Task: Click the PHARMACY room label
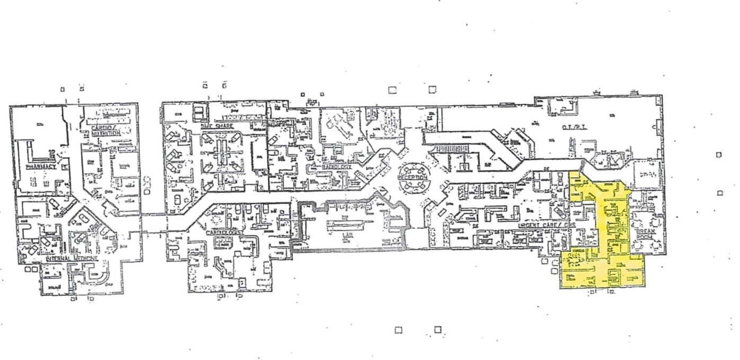(41, 166)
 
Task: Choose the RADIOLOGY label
(336, 166)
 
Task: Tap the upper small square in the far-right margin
(719, 155)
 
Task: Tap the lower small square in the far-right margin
(720, 193)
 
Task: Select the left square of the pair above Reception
(392, 90)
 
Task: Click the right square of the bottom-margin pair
(438, 330)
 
